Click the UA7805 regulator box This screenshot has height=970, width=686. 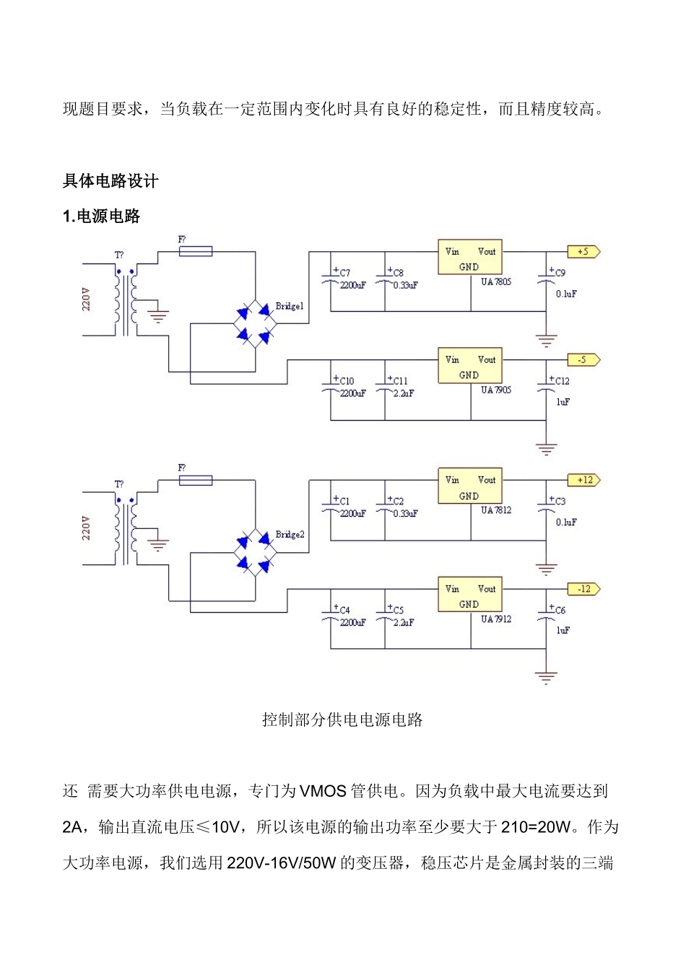[x=470, y=258]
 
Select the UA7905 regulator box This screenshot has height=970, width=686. [x=470, y=366]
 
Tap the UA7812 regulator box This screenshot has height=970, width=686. [x=470, y=486]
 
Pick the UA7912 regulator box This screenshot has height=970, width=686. [x=470, y=595]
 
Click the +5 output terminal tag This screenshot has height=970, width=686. [x=583, y=252]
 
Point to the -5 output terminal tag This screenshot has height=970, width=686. [x=583, y=360]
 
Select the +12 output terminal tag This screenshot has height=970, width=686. [x=583, y=481]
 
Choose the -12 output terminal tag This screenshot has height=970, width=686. [x=583, y=590]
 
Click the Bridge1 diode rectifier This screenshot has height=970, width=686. [x=256, y=323]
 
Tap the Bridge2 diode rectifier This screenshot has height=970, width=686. [x=256, y=552]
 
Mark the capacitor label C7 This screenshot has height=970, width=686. [x=344, y=274]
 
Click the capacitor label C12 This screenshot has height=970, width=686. [x=562, y=381]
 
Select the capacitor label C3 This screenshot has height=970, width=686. [x=560, y=502]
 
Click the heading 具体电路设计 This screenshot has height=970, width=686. [x=110, y=181]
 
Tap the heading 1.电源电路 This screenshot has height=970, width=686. [x=102, y=217]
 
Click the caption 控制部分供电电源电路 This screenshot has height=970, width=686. [x=342, y=720]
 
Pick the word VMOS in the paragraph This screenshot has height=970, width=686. [x=323, y=791]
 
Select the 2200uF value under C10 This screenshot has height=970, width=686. [x=352, y=393]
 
